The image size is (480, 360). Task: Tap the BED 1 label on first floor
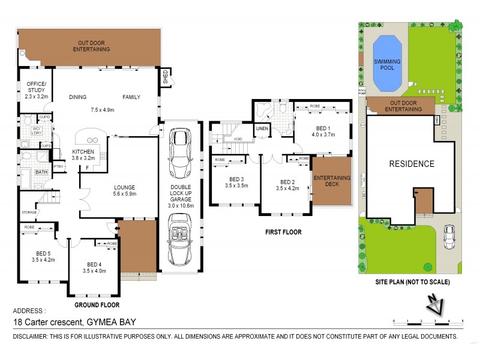[x=322, y=132]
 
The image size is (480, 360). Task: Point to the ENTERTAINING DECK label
[x=331, y=181]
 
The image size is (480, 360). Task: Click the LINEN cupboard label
[x=262, y=128]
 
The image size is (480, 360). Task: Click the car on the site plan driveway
[x=449, y=238]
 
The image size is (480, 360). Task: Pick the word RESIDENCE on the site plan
[x=411, y=164]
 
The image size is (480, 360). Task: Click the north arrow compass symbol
[x=435, y=305]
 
